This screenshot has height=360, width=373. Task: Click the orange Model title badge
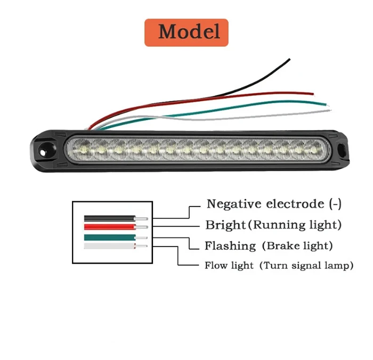coord(186,32)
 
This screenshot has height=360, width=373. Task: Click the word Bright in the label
coord(225,225)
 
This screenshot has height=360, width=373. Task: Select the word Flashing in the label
coord(230,246)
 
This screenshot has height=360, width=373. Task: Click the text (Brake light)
coord(297,246)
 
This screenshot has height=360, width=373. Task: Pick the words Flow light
coord(228,265)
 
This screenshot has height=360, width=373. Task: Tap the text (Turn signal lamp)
coord(306,265)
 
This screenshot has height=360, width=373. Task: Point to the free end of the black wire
coord(289,59)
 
